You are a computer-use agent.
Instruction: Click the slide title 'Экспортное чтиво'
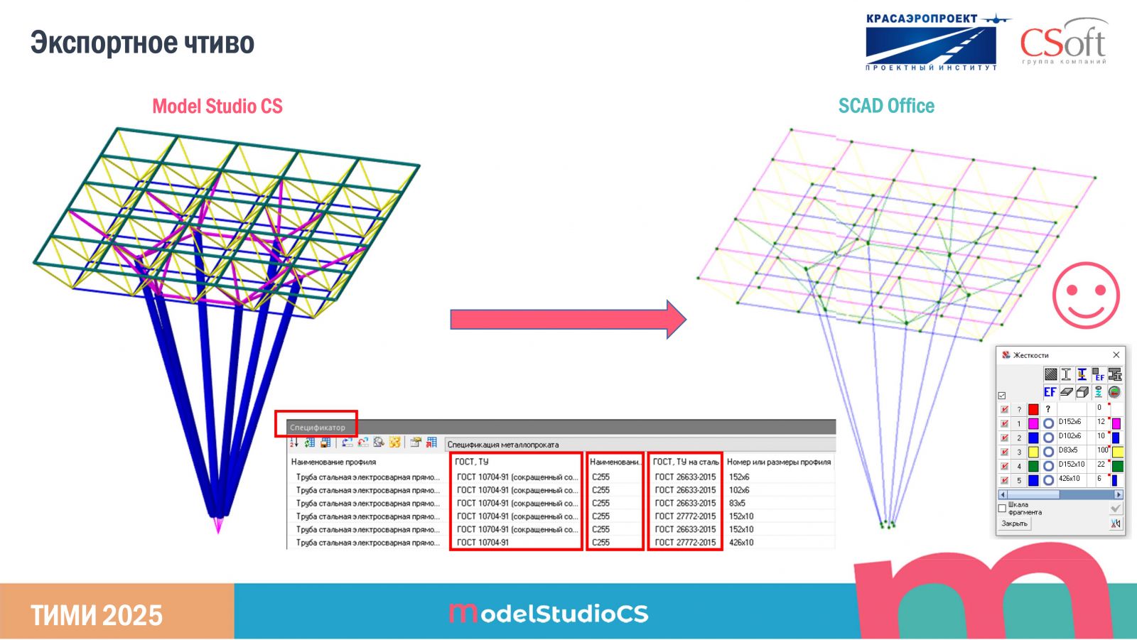coord(142,43)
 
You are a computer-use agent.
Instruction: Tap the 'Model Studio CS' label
coord(217,107)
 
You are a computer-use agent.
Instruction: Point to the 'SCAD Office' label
coord(886,106)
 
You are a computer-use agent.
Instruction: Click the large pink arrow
coord(567,319)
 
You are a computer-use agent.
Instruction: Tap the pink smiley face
coord(1085,295)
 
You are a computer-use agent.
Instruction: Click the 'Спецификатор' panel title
coord(318,428)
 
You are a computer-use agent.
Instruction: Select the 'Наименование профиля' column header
coord(333,462)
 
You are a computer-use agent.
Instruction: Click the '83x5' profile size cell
coord(737,503)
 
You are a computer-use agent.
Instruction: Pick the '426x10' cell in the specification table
coord(741,542)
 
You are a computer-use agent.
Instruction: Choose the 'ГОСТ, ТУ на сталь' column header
coord(685,462)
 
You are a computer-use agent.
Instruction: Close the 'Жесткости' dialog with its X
coord(1116,354)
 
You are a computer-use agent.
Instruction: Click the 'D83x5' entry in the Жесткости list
coord(1068,450)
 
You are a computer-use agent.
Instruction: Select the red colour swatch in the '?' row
coord(1033,409)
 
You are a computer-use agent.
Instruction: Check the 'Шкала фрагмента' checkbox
coord(1002,509)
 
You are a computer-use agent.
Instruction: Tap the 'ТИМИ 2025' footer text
coord(97,615)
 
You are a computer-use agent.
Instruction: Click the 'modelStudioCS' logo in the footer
coord(549,613)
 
